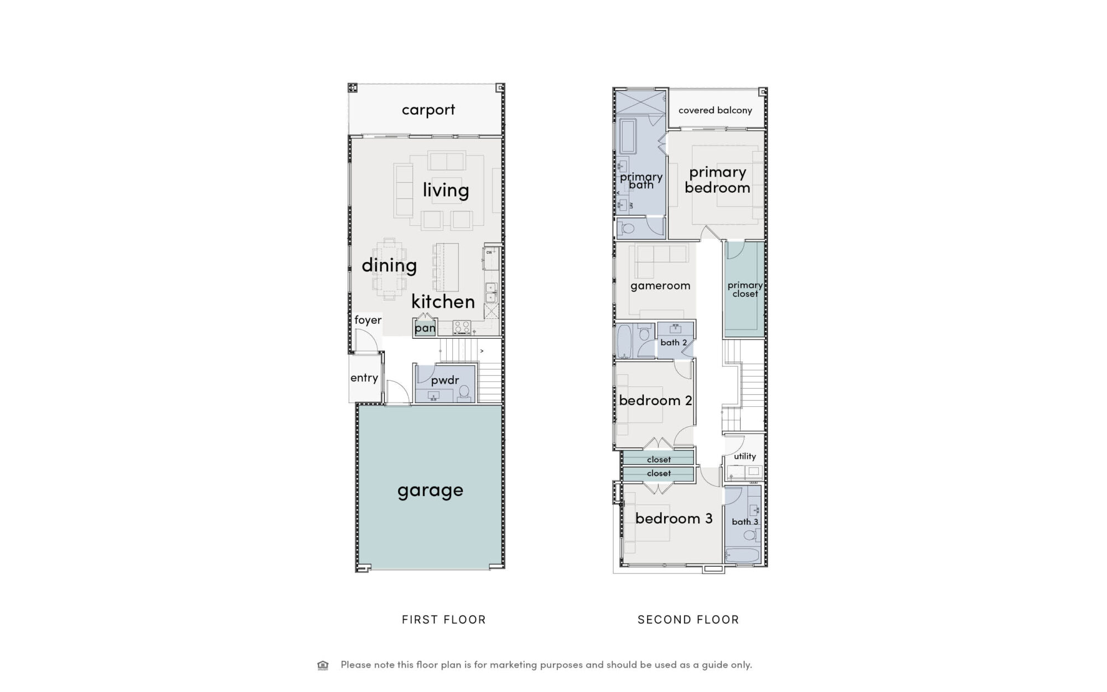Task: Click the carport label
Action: point(428,110)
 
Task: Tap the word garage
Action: point(430,490)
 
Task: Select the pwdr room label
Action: point(445,380)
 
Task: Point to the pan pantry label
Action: point(425,328)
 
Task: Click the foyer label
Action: point(368,320)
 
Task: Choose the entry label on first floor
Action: point(364,378)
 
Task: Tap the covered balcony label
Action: point(715,110)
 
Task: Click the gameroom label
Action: point(660,286)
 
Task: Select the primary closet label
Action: point(745,290)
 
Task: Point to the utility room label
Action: point(745,456)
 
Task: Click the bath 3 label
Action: point(745,521)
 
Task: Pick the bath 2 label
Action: point(674,343)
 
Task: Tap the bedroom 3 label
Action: point(674,519)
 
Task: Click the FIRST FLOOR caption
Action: point(444,619)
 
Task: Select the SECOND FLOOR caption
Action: point(689,619)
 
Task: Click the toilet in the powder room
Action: point(464,393)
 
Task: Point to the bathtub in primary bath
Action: point(628,136)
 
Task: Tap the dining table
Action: point(389,268)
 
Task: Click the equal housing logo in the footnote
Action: point(323,665)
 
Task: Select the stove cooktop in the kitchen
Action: point(462,327)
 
